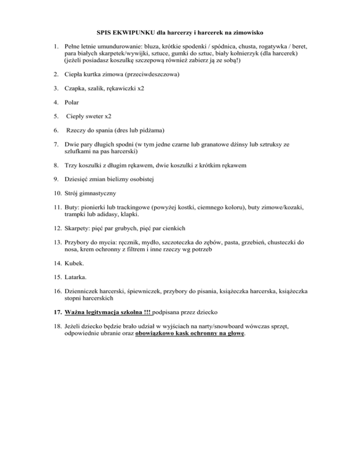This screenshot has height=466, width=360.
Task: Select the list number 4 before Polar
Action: (x=55, y=100)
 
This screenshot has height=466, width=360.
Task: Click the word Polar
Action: (x=72, y=100)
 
